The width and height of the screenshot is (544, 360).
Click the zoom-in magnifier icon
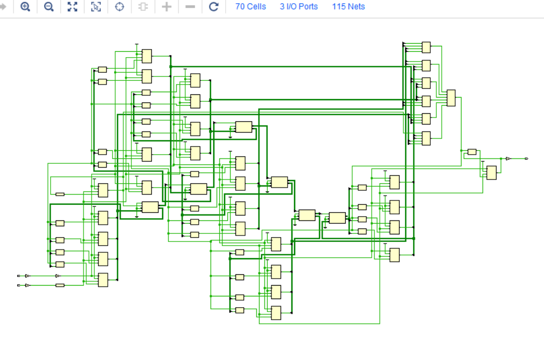25,7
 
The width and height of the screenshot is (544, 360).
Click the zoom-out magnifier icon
49,7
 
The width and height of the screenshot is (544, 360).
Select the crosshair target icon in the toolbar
120,7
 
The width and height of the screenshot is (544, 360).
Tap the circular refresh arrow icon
213,7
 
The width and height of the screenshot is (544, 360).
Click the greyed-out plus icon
167,7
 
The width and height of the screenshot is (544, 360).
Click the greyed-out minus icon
190,7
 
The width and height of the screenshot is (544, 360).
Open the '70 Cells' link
250,7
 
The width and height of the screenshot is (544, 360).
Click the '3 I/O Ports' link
298,7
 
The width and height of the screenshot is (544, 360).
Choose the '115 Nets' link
348,7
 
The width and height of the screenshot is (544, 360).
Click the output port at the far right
526,158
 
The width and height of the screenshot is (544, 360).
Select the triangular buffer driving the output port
508,158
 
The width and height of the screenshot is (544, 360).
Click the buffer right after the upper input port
27,276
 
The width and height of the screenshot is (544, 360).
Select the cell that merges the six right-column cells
451,98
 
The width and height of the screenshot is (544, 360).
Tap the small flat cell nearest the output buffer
472,152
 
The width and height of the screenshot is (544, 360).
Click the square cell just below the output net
491,172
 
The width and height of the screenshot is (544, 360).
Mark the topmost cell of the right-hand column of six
426,47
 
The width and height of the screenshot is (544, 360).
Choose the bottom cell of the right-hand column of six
426,139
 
